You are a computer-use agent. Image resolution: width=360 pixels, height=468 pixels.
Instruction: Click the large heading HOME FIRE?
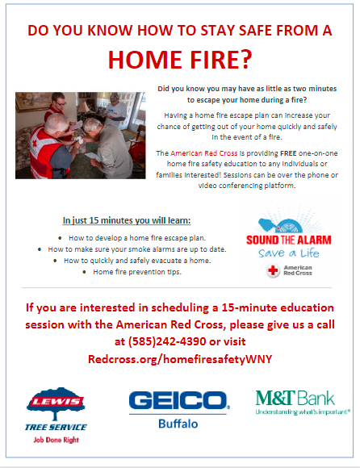[180, 60]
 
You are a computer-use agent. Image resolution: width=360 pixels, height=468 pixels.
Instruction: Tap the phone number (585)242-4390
[167, 341]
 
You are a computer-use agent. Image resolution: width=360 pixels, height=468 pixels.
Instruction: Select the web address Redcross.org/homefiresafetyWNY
[180, 358]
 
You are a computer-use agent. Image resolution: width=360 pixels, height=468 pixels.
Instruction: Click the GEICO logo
[179, 400]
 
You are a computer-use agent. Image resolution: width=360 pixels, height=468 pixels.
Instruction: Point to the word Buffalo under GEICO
[178, 424]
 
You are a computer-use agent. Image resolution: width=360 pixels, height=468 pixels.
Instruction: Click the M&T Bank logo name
[295, 398]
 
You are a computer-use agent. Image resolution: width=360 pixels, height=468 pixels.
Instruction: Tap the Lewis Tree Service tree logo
[56, 403]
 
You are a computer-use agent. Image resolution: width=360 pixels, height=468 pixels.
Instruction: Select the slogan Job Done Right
[57, 440]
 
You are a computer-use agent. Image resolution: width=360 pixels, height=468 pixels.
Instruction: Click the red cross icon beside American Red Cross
[273, 270]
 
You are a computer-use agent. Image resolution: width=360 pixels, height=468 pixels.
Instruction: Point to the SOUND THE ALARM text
[289, 240]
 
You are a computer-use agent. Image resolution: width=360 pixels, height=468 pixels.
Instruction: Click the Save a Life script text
[289, 253]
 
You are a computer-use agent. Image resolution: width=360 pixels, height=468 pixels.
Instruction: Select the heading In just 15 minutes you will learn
[127, 220]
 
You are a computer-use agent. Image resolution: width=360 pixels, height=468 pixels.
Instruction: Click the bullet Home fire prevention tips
[137, 272]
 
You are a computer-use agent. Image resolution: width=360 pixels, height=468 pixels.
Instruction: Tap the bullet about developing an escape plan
[137, 238]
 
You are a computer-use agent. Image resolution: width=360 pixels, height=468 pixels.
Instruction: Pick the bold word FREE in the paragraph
[288, 153]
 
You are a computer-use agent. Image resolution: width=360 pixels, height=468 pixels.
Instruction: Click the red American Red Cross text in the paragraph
[204, 153]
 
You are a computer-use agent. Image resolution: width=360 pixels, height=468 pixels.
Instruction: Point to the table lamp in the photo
[85, 108]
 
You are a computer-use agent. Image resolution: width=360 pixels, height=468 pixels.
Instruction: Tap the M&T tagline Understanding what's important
[303, 412]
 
